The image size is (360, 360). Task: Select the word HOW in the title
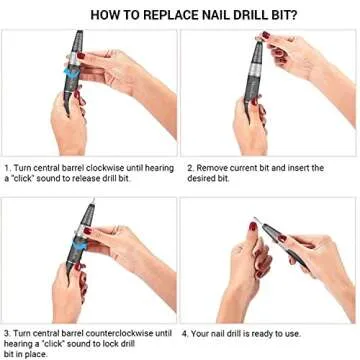click(102, 14)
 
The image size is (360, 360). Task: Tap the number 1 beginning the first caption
click(6, 167)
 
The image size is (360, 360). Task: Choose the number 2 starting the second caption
click(190, 167)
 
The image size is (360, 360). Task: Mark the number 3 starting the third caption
click(6, 331)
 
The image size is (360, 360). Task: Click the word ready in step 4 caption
click(270, 331)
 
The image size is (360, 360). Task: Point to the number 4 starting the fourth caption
click(190, 331)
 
